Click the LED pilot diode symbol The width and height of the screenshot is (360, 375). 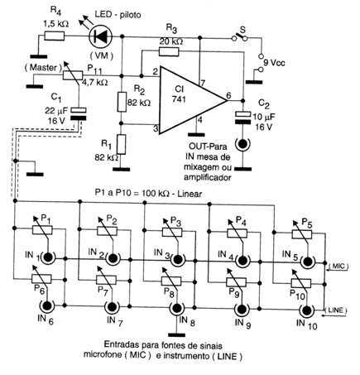[101, 36]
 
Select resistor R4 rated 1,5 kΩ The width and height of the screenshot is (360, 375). [55, 36]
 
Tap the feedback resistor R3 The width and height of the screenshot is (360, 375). [169, 51]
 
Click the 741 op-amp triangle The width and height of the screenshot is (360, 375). [192, 100]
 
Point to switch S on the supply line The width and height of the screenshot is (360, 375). [239, 36]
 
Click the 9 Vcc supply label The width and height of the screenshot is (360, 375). [274, 63]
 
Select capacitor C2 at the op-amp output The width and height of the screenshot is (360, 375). [242, 117]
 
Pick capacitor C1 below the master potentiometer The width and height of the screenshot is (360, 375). [79, 113]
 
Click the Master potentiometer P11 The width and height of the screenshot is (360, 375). [72, 75]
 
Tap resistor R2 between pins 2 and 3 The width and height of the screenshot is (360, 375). [122, 102]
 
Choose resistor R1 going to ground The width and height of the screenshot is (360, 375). [122, 144]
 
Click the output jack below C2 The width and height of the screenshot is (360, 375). [242, 144]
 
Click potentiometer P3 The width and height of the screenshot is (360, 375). [171, 231]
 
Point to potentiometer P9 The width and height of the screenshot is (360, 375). [236, 281]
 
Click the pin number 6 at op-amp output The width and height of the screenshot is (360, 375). [228, 95]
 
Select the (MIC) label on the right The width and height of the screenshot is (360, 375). [338, 267]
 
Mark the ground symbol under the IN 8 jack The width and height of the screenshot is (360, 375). [177, 335]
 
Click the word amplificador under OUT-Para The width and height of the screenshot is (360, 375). [208, 177]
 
